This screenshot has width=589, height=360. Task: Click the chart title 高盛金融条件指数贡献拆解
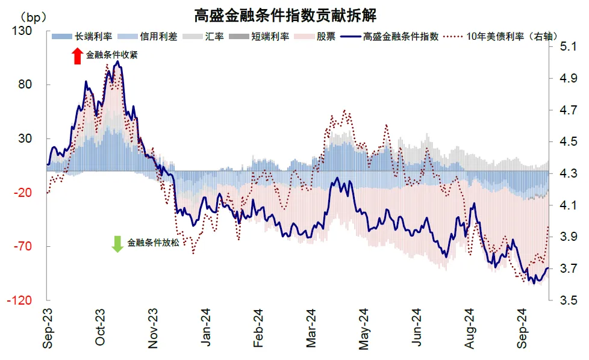[x=294, y=13]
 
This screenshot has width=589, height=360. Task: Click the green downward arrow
[x=117, y=244]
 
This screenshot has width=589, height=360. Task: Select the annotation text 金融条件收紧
[x=112, y=55]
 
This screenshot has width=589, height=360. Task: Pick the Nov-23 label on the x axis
[x=153, y=328]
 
